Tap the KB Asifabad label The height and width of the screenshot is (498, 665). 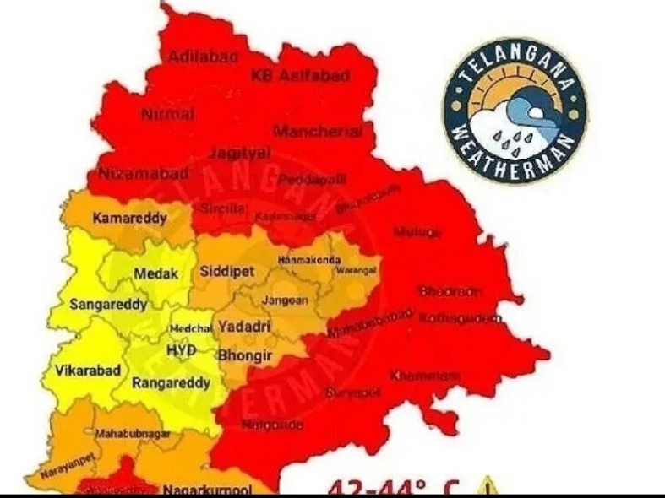[301, 76]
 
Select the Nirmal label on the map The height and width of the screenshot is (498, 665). [168, 113]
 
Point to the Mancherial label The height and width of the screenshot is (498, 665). [318, 132]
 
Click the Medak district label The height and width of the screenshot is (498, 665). [156, 273]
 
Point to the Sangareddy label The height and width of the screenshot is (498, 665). [108, 303]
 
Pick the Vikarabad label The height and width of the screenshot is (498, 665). [88, 370]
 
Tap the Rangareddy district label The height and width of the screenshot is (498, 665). [172, 382]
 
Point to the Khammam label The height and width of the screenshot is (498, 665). [418, 374]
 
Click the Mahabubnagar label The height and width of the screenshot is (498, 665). [133, 433]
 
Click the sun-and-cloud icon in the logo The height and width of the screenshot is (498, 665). [516, 118]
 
